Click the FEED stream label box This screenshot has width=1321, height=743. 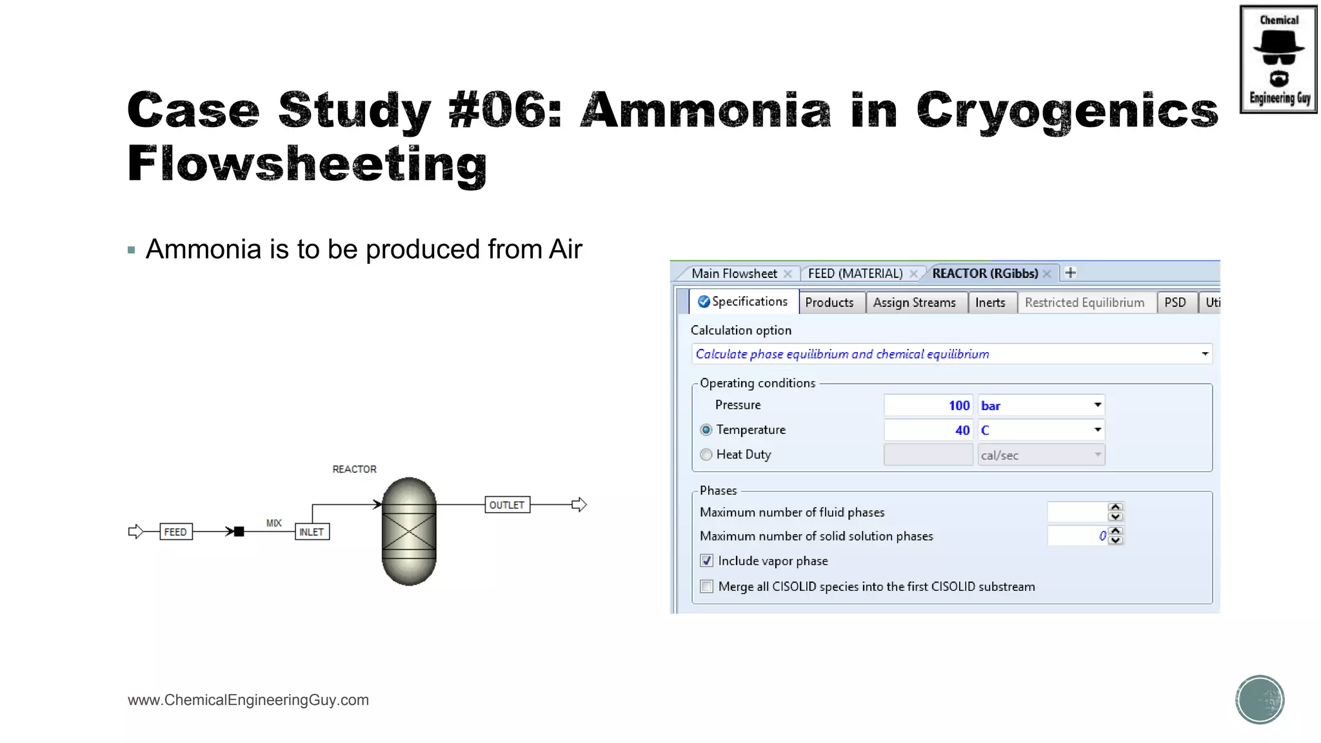pyautogui.click(x=175, y=532)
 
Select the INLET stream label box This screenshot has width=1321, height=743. pyautogui.click(x=312, y=532)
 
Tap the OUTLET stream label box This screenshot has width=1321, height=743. pyautogui.click(x=507, y=505)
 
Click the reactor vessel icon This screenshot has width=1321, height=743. pyautogui.click(x=409, y=531)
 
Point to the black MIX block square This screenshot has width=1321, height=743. pyautogui.click(x=239, y=532)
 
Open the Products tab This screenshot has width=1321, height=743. pyautogui.click(x=829, y=302)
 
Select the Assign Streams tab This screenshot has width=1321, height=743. pyautogui.click(x=914, y=302)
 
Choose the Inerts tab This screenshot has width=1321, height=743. pyautogui.click(x=990, y=302)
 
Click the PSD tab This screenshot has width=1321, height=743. pyautogui.click(x=1175, y=302)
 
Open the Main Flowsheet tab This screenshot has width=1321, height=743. pyautogui.click(x=734, y=273)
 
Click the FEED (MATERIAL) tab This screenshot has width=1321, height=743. pyautogui.click(x=855, y=273)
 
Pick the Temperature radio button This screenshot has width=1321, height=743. pyautogui.click(x=706, y=430)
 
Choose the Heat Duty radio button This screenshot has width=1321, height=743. pyautogui.click(x=706, y=455)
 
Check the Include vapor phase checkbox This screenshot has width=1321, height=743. pyautogui.click(x=707, y=561)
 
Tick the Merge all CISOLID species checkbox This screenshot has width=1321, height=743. pyautogui.click(x=707, y=587)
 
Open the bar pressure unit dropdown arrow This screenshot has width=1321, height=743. pyautogui.click(x=1097, y=405)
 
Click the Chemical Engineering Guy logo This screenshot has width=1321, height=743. pyautogui.click(x=1278, y=59)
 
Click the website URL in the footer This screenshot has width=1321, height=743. pyautogui.click(x=248, y=700)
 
